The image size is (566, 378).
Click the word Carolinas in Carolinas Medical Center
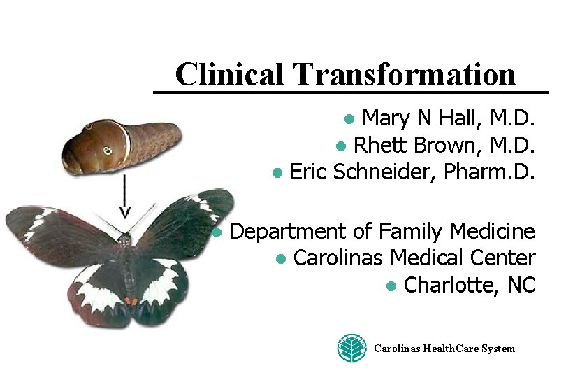(340, 258)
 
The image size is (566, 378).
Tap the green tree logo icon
(352, 348)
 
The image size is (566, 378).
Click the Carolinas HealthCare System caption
(444, 349)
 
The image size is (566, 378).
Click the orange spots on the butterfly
(131, 301)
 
